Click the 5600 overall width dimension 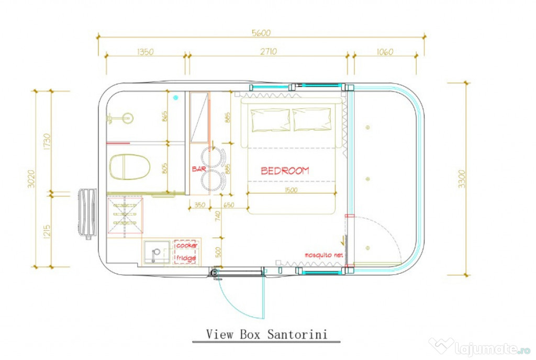point(261,32)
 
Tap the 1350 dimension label point(145,51)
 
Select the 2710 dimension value point(267,51)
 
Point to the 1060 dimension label point(384,51)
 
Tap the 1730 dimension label point(47,141)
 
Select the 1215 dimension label point(47,230)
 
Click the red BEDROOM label point(285,171)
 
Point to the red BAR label point(199,170)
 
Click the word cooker point(186,245)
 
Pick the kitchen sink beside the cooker point(157,253)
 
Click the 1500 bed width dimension point(292,190)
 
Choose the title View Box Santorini point(267,334)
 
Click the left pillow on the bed point(271,120)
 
